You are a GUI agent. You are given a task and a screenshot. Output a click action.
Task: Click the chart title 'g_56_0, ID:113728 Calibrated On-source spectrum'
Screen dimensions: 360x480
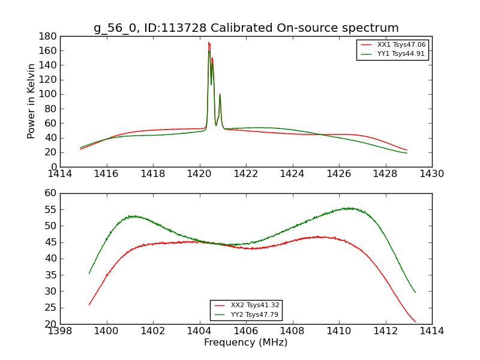[x=246, y=28]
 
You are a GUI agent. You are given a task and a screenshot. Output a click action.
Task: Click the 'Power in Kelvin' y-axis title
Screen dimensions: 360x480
[x=32, y=101]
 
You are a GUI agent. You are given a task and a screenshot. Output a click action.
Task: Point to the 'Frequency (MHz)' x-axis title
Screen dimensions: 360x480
[x=246, y=343]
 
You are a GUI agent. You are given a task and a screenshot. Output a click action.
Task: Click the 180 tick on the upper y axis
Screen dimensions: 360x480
[x=49, y=36]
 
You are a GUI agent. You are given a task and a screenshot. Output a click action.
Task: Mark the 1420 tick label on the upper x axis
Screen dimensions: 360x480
[x=199, y=174]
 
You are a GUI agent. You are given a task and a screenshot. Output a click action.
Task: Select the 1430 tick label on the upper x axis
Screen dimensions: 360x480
[x=431, y=174]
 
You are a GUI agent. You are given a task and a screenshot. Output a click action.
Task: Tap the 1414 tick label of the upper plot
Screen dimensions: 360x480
[x=60, y=174]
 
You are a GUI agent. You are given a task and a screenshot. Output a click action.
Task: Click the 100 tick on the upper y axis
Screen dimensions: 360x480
[x=49, y=94]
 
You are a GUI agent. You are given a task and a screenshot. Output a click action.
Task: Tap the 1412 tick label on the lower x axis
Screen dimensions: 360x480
[x=385, y=331]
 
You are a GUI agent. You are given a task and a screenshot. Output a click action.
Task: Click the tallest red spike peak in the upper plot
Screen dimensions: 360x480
[x=208, y=43]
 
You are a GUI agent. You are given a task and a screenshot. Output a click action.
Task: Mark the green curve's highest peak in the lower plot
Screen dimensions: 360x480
[x=349, y=208]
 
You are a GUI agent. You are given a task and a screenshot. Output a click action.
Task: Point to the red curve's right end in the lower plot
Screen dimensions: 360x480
[x=415, y=322]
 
